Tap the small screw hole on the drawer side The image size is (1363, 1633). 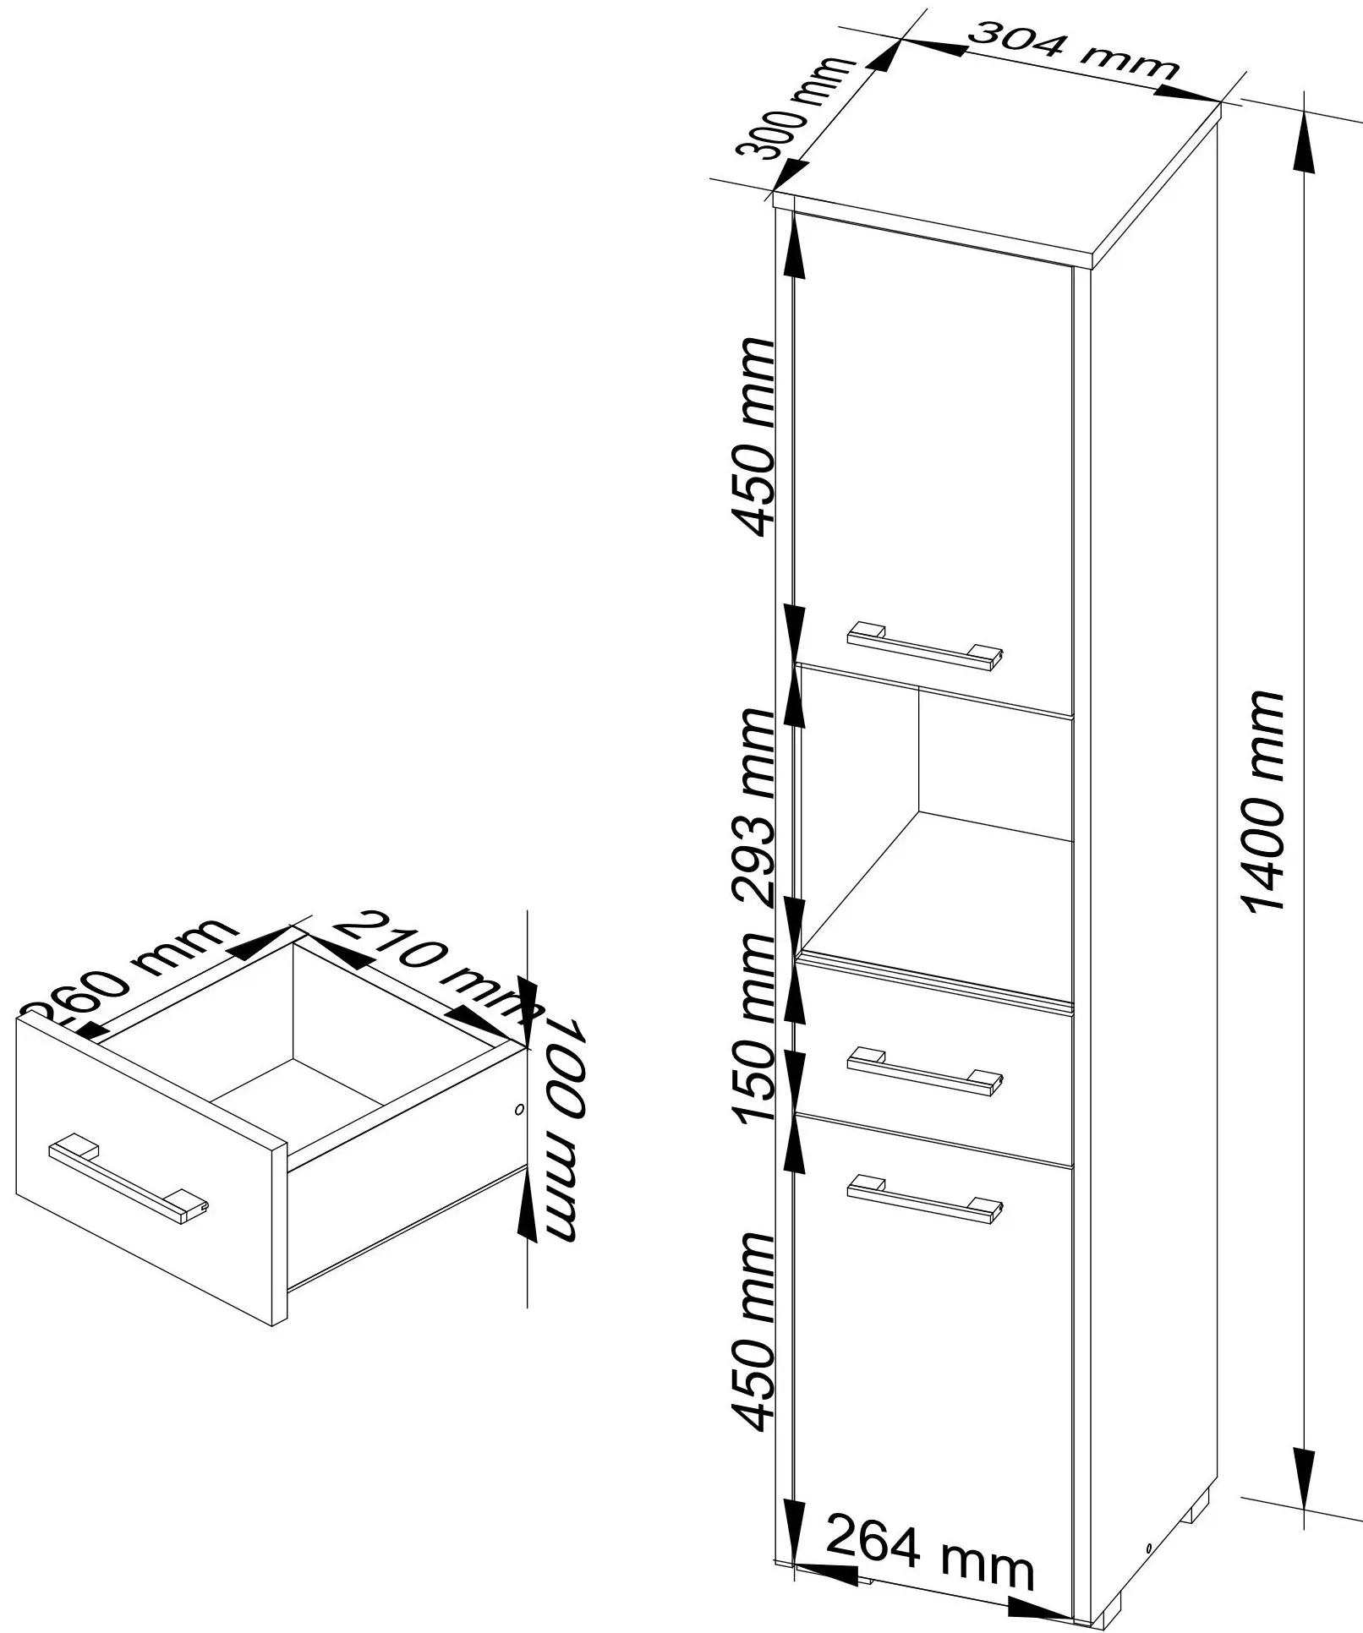point(519,1109)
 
